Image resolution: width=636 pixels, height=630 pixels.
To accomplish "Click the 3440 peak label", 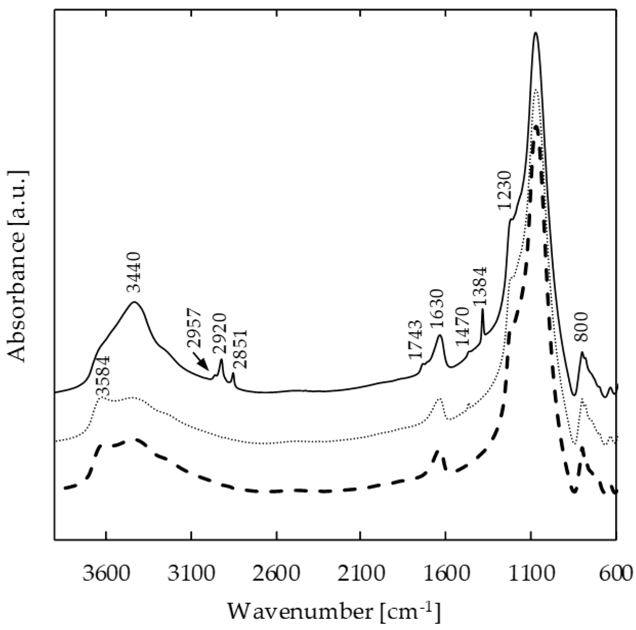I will [134, 272].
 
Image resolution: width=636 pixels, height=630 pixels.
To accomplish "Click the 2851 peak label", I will [240, 349].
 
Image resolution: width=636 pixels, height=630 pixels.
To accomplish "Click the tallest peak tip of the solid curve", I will [535, 33].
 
